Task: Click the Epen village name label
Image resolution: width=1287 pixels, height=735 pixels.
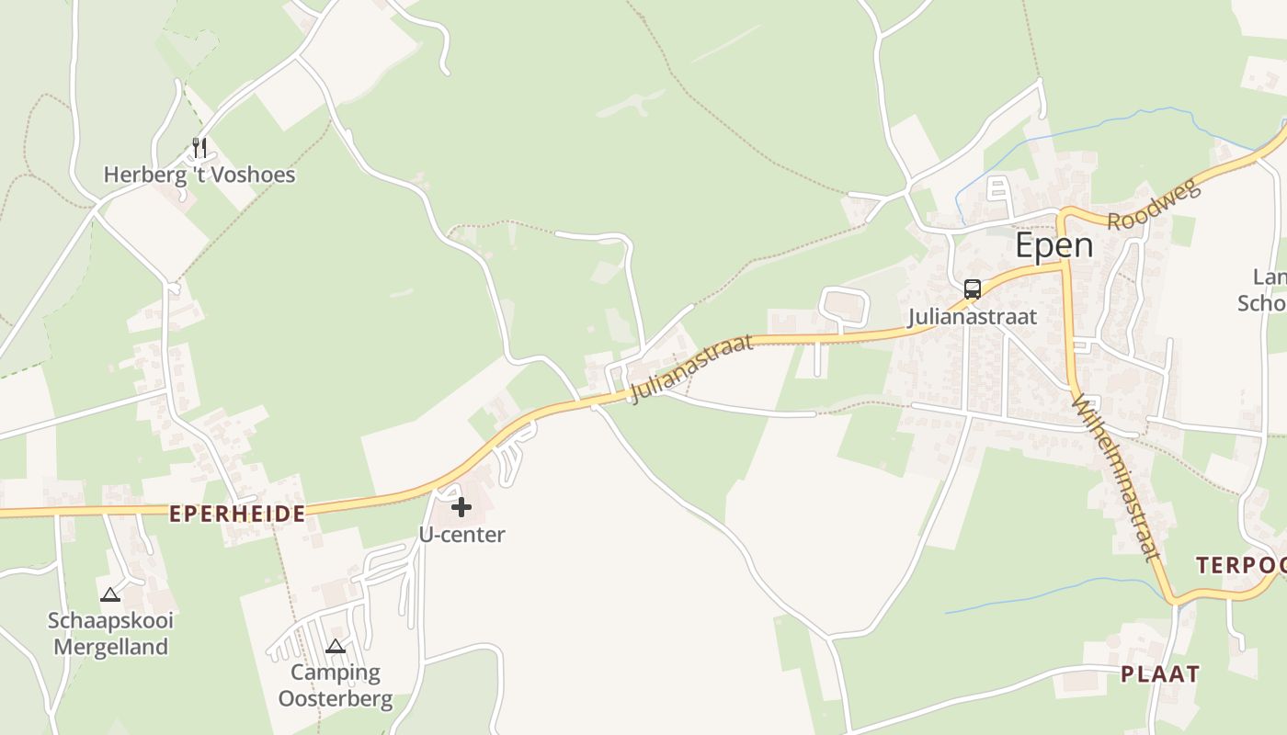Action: pos(1054,245)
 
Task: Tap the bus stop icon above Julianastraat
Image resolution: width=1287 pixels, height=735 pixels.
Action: pos(972,289)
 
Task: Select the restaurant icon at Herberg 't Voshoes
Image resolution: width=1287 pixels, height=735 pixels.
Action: pos(199,147)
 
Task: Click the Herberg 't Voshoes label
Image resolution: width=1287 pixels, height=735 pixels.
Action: pos(199,175)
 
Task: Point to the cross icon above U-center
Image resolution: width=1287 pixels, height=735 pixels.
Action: pos(461,506)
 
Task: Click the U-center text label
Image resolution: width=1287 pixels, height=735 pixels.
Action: pos(461,535)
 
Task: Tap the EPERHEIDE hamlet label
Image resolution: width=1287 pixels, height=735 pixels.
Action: pos(237,514)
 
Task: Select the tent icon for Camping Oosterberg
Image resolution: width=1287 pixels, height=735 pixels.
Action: pos(336,646)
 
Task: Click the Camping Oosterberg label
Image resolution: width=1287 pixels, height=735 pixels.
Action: pos(336,685)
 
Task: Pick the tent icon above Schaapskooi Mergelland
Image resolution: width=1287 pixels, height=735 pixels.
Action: pos(110,594)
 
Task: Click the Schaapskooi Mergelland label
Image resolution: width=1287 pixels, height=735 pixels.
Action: pos(110,633)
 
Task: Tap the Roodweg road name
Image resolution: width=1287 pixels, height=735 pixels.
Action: pos(1155,206)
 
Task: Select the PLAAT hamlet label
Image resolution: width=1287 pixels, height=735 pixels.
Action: pos(1159,674)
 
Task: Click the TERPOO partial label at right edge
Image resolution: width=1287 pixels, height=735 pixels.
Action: pos(1241,565)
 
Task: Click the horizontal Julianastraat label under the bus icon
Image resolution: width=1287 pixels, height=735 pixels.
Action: pos(972,317)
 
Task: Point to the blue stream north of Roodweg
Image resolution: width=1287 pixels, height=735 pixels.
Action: pos(1103,124)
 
